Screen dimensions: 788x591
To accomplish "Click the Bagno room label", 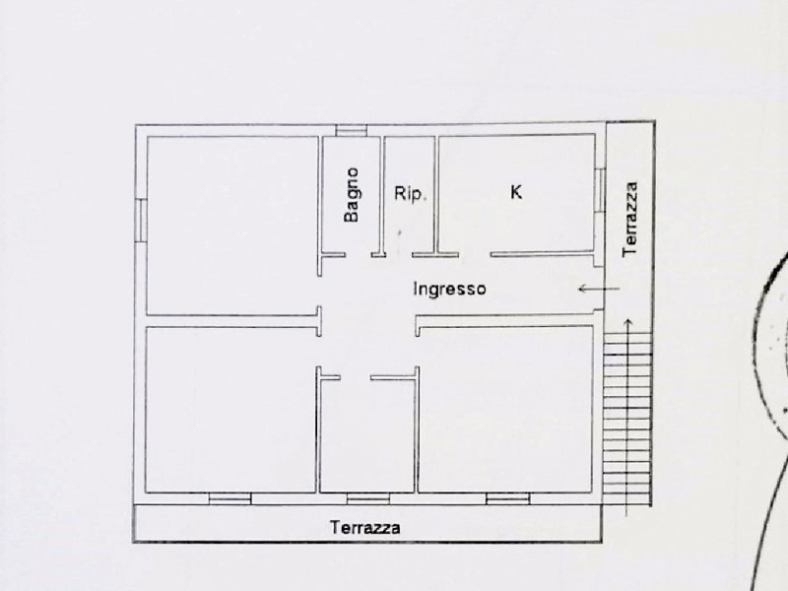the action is coord(352,194).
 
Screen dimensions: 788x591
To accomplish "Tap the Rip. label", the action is coord(410,193).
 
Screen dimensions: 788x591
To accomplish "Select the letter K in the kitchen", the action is coord(516,191).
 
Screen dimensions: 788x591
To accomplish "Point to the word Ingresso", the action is coord(450,289).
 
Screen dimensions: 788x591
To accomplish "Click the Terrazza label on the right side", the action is coord(629,219).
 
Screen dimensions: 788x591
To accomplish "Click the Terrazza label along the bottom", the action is coord(365,528).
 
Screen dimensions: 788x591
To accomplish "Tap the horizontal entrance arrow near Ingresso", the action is coord(599,289).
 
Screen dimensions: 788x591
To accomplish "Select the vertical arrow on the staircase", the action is coord(627,417).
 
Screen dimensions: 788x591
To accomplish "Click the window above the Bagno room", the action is coord(352,131).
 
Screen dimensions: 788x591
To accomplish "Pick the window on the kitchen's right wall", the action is coord(600,190).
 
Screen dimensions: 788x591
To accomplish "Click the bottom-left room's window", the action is coord(230,498).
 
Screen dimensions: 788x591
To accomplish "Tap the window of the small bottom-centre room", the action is coord(368,498).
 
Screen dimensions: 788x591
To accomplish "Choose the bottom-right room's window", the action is coord(508,498).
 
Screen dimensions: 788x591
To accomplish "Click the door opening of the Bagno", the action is coord(359,255).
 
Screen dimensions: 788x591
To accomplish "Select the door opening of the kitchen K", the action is coord(475,255).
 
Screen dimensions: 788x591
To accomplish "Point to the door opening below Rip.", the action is coord(399,255).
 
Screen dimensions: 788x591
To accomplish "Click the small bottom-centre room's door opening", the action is coord(356,377).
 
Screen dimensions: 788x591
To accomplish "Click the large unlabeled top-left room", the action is coord(232,226).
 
